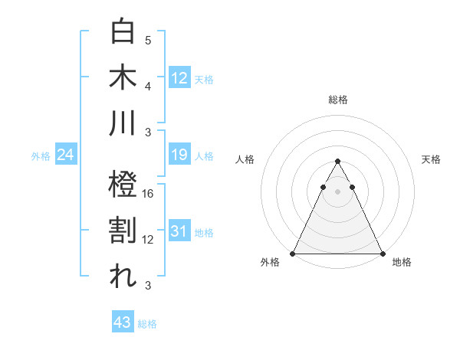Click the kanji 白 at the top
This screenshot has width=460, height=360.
pyautogui.click(x=123, y=32)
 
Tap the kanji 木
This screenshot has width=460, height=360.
pyautogui.click(x=123, y=77)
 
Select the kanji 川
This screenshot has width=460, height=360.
pyautogui.click(x=123, y=123)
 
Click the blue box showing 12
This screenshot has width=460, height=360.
pyautogui.click(x=179, y=77)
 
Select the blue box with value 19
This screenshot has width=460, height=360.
pyautogui.click(x=179, y=155)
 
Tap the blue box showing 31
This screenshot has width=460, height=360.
pyautogui.click(x=179, y=232)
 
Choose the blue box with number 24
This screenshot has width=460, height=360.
pyautogui.click(x=66, y=155)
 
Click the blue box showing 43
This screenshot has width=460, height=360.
pyautogui.click(x=122, y=322)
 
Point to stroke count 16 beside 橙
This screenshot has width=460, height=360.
pyautogui.click(x=149, y=194)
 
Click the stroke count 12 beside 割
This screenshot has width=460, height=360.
pyautogui.click(x=149, y=240)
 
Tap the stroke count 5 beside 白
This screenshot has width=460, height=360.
pyautogui.click(x=148, y=40)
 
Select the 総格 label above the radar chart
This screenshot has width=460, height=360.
pyautogui.click(x=338, y=100)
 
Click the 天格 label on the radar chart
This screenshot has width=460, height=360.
pyautogui.click(x=431, y=159)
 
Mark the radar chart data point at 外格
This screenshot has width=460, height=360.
pyautogui.click(x=293, y=254)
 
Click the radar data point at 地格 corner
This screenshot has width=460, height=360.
pyautogui.click(x=383, y=254)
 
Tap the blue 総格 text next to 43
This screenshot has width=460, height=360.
pyautogui.click(x=147, y=324)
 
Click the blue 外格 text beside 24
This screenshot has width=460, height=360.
pyautogui.click(x=41, y=156)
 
